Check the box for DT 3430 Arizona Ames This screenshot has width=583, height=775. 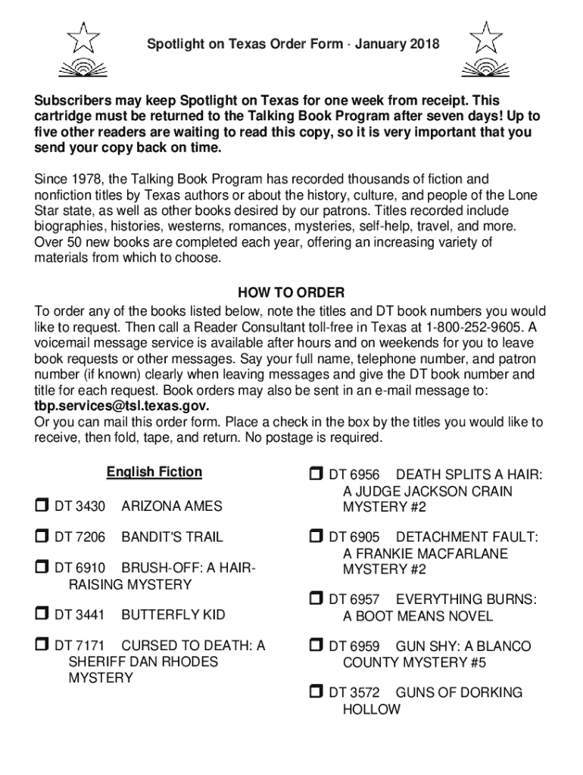pos(42,505)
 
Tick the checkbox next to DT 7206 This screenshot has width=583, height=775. pos(42,537)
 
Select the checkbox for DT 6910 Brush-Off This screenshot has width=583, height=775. pos(42,567)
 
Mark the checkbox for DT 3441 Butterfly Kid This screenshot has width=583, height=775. pos(42,614)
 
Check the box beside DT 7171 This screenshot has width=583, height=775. pos(42,645)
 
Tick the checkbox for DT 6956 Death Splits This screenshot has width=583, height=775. pos(316,475)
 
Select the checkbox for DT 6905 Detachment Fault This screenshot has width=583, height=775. pos(316,537)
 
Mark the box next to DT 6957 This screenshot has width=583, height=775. pos(316,599)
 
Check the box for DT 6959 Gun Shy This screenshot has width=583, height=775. pos(316,646)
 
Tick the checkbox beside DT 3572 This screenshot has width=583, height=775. pos(316,692)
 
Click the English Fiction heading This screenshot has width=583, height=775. pos(154,472)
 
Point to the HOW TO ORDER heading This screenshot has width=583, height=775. pos(291,293)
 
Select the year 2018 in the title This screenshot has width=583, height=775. pos(425,45)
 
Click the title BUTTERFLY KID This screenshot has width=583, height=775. pos(173,615)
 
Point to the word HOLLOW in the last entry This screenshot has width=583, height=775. pos(372,709)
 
